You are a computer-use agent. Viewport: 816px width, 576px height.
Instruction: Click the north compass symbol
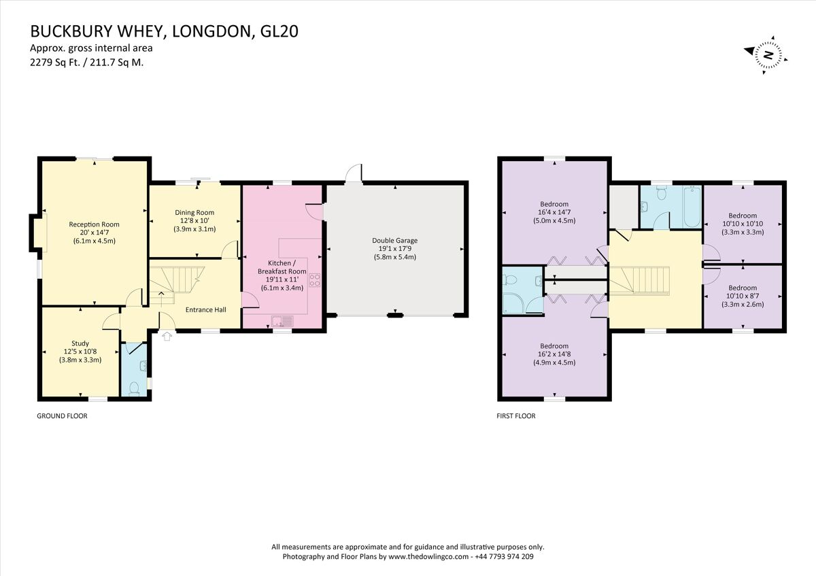point(766,55)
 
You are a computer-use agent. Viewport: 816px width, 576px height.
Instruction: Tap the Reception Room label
point(94,224)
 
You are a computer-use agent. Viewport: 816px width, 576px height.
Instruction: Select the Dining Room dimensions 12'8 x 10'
point(194,220)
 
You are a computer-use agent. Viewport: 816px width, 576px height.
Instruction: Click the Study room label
point(80,343)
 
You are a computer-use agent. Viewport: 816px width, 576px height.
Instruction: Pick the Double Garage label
point(394,240)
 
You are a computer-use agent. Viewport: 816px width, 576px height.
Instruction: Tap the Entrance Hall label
point(206,310)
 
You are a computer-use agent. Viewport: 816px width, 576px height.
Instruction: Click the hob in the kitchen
point(315,278)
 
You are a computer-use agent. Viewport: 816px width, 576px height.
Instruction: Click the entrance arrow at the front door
point(167,336)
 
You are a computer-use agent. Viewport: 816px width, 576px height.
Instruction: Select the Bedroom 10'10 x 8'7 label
point(742,288)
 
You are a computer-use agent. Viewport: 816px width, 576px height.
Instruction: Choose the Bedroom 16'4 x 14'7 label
point(554,204)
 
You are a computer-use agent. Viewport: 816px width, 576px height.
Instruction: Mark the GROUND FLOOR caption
point(62,416)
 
